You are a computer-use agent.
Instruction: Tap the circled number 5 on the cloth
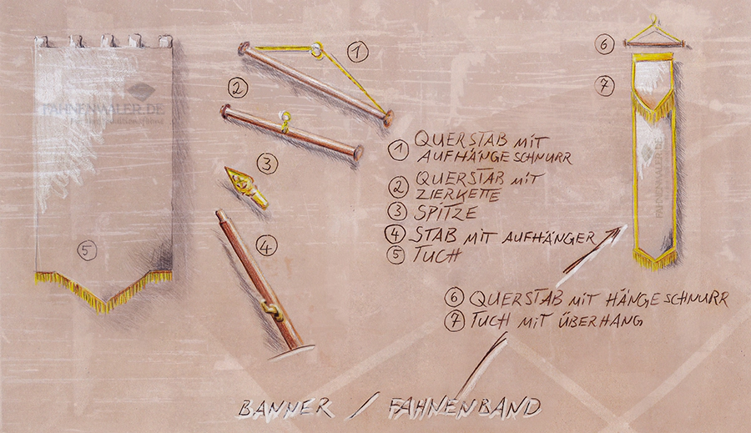tap(87, 250)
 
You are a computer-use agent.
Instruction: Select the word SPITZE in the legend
tap(445, 212)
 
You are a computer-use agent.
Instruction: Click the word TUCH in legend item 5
tap(436, 254)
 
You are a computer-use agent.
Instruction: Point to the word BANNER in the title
tap(285, 409)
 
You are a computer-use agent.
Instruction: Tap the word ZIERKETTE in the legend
tap(458, 194)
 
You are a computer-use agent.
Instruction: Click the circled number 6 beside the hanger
tap(604, 43)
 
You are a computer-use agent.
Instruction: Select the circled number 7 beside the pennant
tap(604, 85)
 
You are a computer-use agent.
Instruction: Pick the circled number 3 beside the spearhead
tap(267, 164)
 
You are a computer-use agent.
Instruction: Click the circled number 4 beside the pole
tap(266, 246)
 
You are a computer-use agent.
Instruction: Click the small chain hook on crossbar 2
tap(286, 122)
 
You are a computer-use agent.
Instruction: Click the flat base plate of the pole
tap(292, 352)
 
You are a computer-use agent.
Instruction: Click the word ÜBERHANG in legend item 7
tap(600, 321)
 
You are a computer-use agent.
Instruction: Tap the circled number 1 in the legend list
tap(398, 150)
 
